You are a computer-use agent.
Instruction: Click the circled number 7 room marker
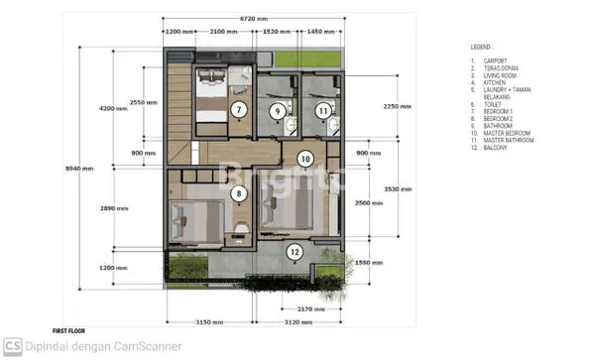coord(238,108)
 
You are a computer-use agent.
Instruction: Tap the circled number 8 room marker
coord(238,194)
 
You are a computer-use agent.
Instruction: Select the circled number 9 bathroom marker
coord(279,111)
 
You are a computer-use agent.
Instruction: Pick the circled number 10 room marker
coord(306,158)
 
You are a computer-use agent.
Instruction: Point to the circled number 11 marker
coord(322,111)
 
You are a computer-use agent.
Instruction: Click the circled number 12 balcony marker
coord(295,252)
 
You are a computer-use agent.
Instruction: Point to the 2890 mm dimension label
coord(113,208)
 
